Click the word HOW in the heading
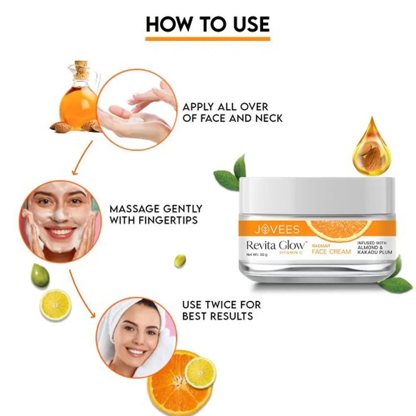[169, 24]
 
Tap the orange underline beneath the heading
[208, 39]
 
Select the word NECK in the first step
[269, 118]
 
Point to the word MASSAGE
[134, 209]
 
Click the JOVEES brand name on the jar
[277, 230]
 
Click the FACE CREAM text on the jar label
[332, 252]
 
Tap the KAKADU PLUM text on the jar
[375, 252]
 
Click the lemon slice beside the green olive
[55, 305]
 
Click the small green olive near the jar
[180, 261]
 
